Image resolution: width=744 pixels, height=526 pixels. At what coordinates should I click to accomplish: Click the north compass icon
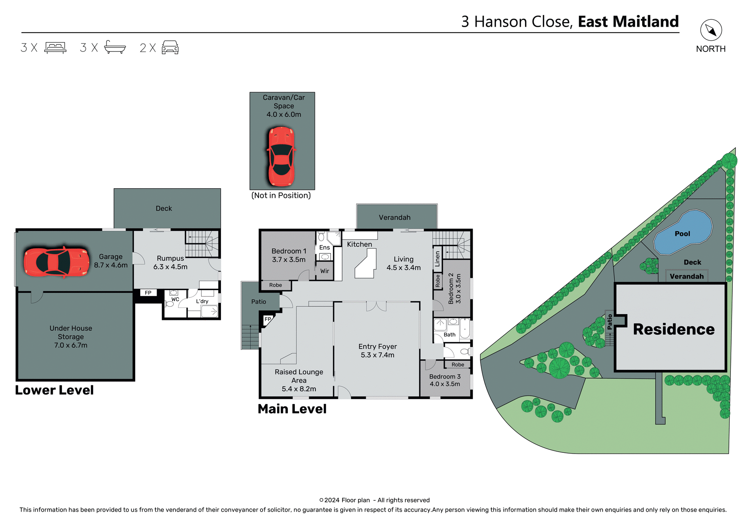(x=711, y=30)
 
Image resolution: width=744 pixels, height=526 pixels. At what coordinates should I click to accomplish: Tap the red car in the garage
(x=57, y=262)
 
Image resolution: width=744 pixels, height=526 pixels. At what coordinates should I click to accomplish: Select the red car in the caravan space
(x=281, y=156)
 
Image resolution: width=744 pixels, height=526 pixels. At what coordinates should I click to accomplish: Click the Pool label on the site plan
(x=682, y=234)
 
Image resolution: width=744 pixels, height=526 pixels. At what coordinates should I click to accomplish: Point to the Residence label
(x=673, y=329)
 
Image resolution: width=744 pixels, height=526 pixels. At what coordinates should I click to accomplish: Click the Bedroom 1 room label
(x=289, y=251)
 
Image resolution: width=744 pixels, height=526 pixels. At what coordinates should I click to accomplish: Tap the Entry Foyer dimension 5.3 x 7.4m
(x=377, y=355)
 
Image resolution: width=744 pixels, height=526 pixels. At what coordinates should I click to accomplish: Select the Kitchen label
(x=359, y=244)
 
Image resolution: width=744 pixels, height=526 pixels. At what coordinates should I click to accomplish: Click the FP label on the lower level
(x=148, y=293)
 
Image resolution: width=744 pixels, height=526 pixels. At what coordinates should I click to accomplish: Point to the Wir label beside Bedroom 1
(x=325, y=271)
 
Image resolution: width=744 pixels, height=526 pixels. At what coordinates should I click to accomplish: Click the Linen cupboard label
(x=437, y=258)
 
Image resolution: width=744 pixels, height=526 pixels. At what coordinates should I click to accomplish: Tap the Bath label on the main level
(x=449, y=335)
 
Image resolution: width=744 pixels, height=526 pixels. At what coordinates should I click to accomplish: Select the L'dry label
(x=202, y=301)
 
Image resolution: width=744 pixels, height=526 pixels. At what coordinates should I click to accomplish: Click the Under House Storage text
(x=71, y=332)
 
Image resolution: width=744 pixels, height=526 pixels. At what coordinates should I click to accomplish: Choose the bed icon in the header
(x=55, y=48)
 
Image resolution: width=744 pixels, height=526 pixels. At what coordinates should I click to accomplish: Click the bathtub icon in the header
(x=115, y=47)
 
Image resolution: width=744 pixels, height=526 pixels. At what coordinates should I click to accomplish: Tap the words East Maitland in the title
(x=628, y=22)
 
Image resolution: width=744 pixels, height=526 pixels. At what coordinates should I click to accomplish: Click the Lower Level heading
(x=54, y=390)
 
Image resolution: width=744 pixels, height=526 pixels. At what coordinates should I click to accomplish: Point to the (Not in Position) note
(x=281, y=195)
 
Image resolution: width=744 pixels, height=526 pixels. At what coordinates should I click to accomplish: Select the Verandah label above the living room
(x=394, y=217)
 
